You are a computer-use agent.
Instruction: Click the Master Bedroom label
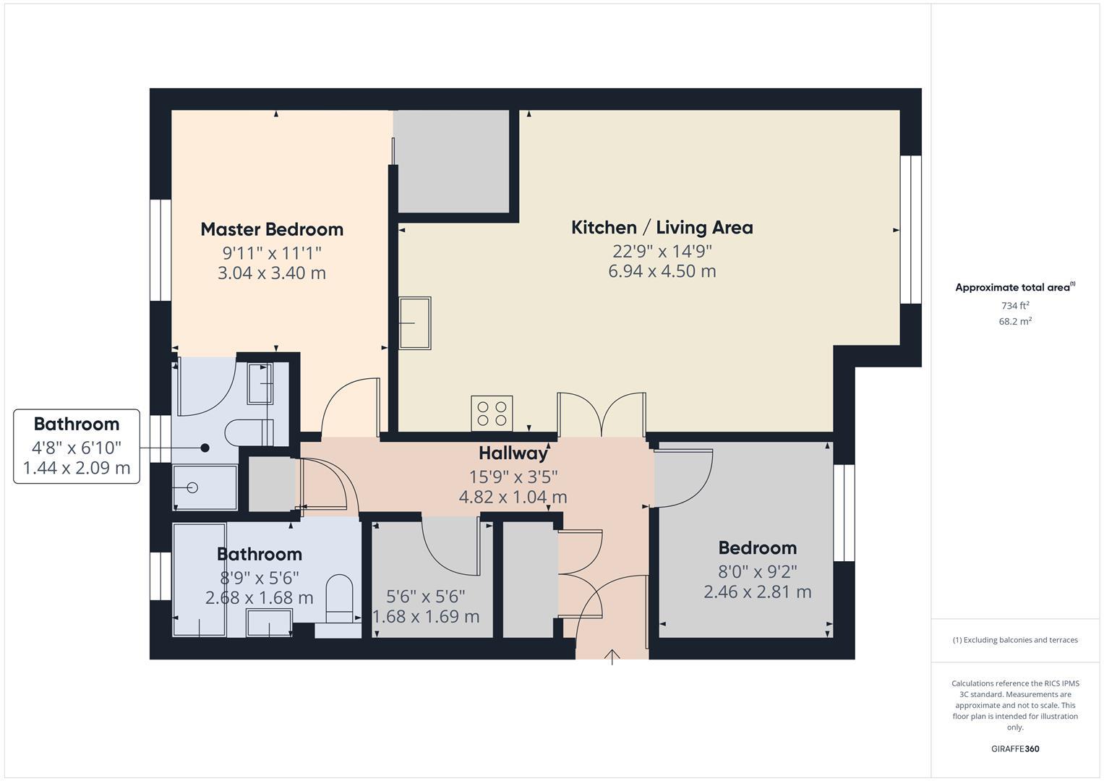point(272,229)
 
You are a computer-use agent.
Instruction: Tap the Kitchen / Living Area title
point(662,228)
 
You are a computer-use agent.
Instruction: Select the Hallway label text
point(513,453)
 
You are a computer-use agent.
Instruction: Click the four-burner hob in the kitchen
point(492,414)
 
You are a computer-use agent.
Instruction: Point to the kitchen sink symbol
point(415,323)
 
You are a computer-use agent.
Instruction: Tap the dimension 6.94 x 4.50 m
point(662,271)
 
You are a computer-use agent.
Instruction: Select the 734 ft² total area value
point(1015,306)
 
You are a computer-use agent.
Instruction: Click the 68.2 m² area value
point(1015,322)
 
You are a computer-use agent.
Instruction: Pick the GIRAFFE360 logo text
point(1015,748)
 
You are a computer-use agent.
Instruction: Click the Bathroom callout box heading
point(77,424)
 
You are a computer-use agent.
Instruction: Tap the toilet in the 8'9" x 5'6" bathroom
point(338,598)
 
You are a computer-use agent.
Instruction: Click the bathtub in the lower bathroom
point(199,580)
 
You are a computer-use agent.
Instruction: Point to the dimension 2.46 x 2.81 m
point(757,592)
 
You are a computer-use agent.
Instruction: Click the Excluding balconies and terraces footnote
point(1015,640)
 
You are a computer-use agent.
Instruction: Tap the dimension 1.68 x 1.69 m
point(426,617)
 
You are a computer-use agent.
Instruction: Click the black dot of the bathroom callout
point(205,448)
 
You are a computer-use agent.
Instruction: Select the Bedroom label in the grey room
point(757,548)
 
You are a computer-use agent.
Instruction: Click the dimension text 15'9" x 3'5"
point(513,477)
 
